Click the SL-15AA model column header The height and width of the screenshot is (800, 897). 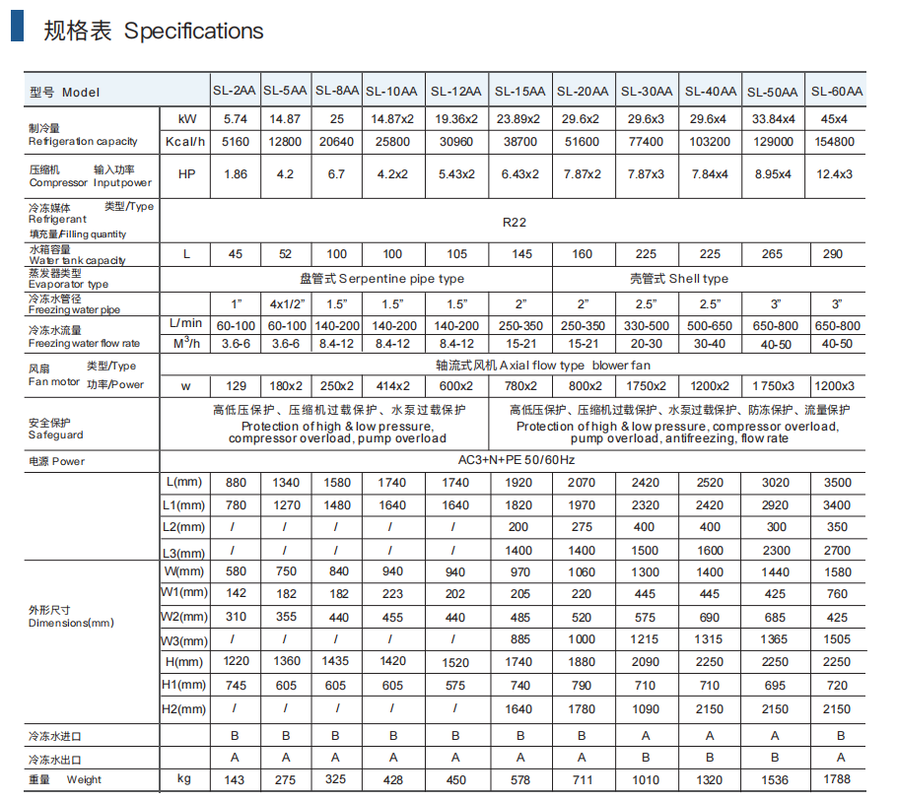(519, 92)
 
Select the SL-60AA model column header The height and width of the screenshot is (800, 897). (837, 92)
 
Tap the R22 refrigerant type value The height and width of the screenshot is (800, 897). (514, 223)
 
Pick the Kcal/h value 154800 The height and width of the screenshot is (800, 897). (837, 142)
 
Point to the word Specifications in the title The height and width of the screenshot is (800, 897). (193, 31)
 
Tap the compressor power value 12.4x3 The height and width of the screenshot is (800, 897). (837, 174)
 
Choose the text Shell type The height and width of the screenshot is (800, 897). (679, 279)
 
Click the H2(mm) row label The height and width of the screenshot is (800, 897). (185, 709)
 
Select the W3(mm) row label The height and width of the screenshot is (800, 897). (185, 640)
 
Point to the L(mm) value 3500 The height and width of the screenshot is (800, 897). (837, 483)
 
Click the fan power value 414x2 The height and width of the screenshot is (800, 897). (392, 385)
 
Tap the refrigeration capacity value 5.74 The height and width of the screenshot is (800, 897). (235, 119)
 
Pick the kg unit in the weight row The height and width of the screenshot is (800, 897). (184, 780)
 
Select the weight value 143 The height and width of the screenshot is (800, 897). (235, 780)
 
